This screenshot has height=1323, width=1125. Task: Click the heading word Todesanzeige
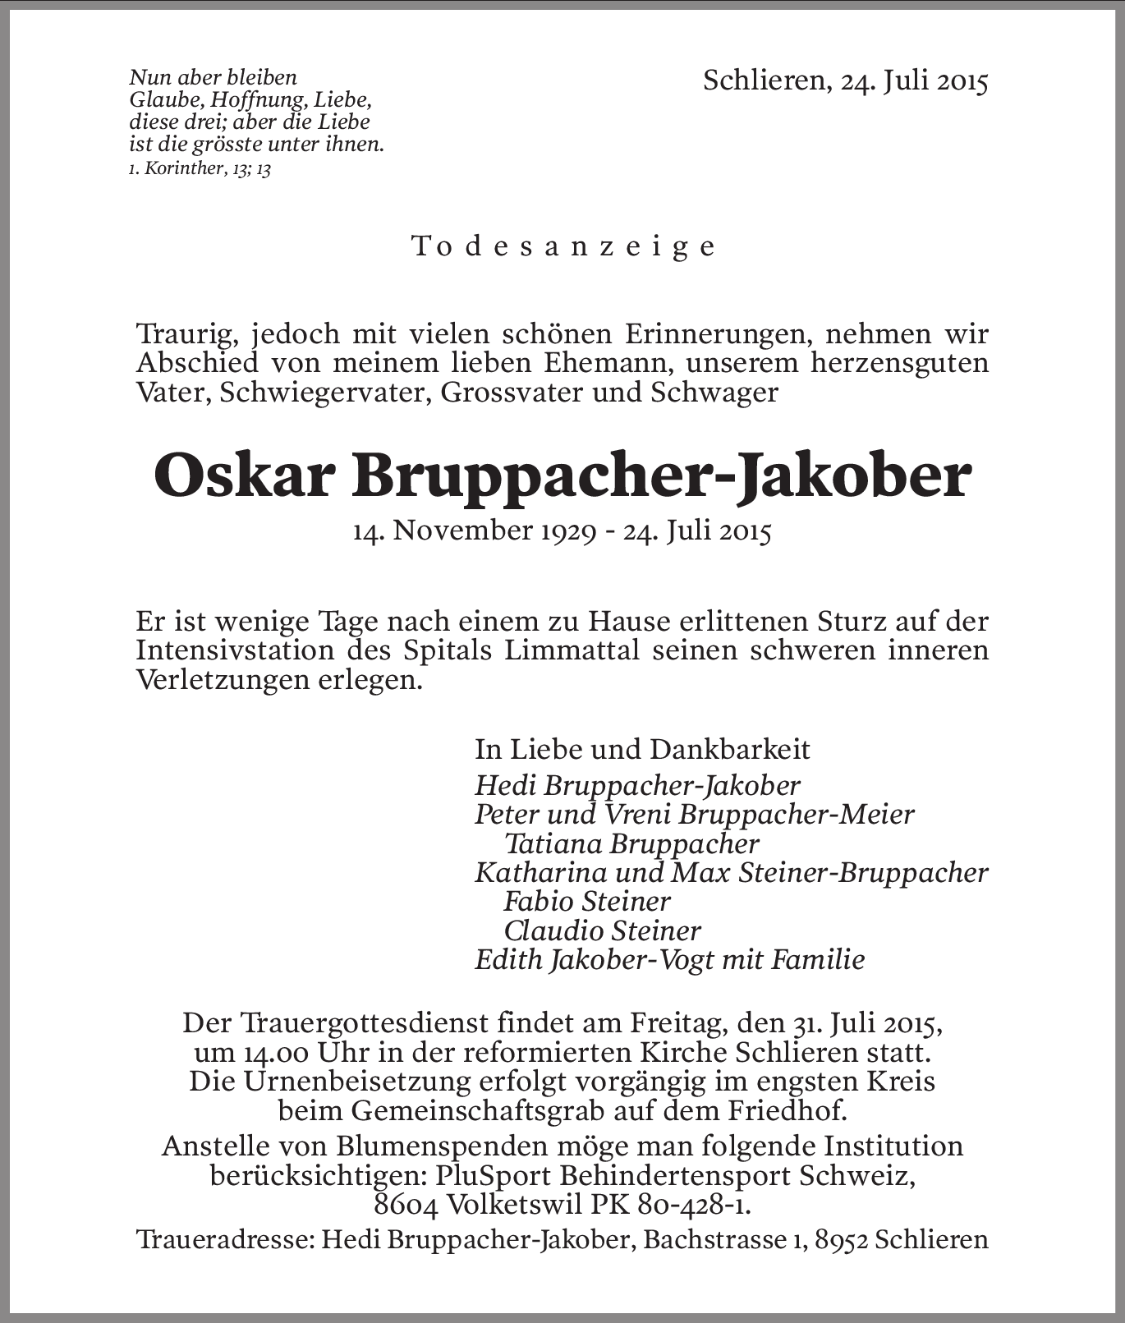click(x=563, y=246)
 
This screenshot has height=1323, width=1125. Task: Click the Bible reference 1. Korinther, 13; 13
click(x=200, y=169)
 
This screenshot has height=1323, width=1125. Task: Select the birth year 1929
click(x=567, y=531)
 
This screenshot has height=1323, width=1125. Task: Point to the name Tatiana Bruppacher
click(x=631, y=843)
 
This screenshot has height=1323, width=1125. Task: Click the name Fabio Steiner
click(x=586, y=901)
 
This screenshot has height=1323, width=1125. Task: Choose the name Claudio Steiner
click(x=602, y=930)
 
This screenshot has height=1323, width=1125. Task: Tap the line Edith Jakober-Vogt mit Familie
click(x=669, y=959)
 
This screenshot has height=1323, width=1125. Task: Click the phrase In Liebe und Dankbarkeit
click(x=642, y=749)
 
